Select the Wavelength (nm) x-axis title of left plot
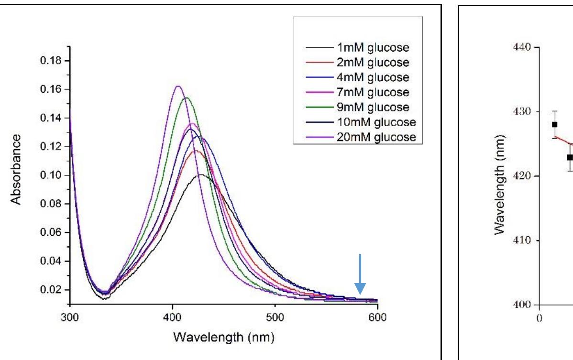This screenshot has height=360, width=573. pos(223,338)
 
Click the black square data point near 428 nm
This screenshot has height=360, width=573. pos(554,124)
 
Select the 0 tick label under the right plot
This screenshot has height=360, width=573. pos(540,317)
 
